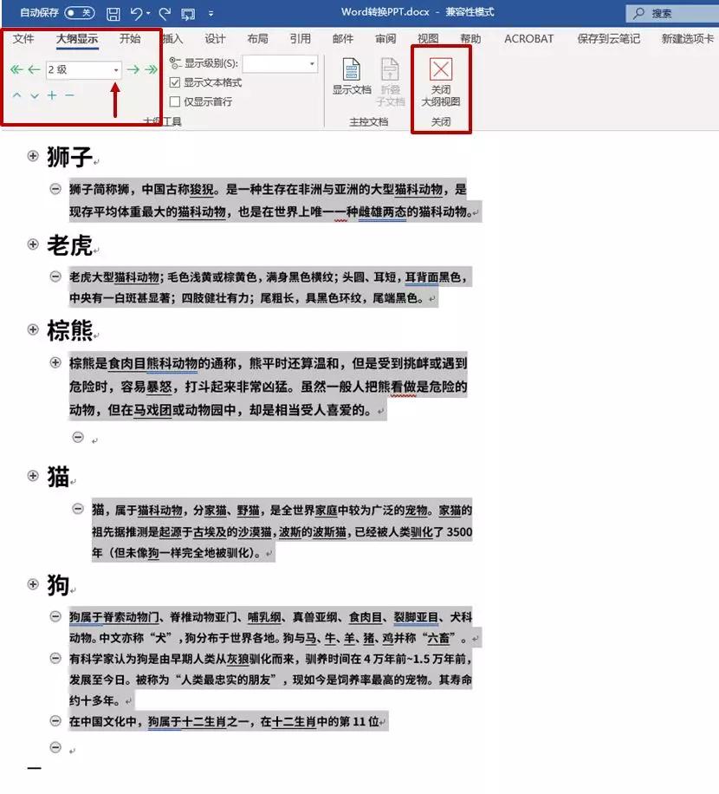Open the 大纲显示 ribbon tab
[x=77, y=39]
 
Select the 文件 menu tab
[x=23, y=39]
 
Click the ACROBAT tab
[x=528, y=39]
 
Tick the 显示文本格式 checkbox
[x=175, y=83]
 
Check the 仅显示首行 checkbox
[x=175, y=101]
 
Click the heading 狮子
[x=69, y=157]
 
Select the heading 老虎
[x=69, y=245]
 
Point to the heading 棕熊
[x=69, y=330]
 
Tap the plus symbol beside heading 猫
[x=33, y=476]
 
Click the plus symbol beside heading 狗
[x=33, y=585]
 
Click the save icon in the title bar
[x=113, y=13]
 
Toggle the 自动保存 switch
[x=79, y=13]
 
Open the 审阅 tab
[x=385, y=39]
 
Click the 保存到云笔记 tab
[x=608, y=39]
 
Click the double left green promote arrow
[x=16, y=69]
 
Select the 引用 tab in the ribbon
[x=300, y=39]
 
